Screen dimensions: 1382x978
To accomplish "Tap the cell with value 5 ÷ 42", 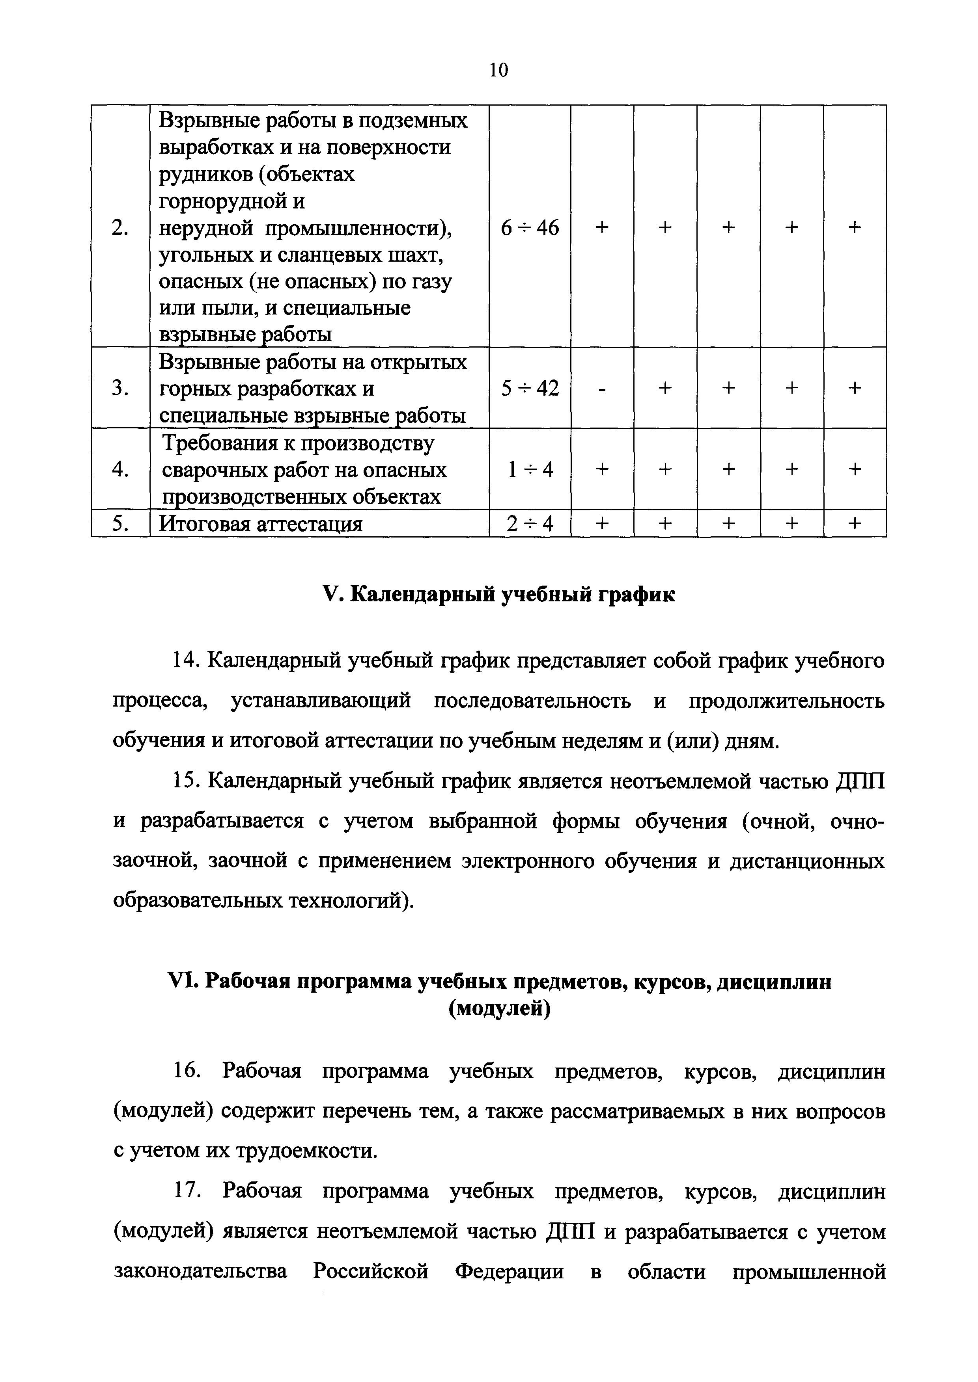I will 530,388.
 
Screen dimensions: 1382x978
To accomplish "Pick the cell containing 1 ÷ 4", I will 530,469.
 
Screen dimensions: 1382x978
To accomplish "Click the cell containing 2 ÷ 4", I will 530,524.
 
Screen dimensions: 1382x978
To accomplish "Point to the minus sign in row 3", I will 602,388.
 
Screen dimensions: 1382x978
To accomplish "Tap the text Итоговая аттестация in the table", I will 260,524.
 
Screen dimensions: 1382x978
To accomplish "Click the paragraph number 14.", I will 185,661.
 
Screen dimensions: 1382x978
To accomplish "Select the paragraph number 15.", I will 185,781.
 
